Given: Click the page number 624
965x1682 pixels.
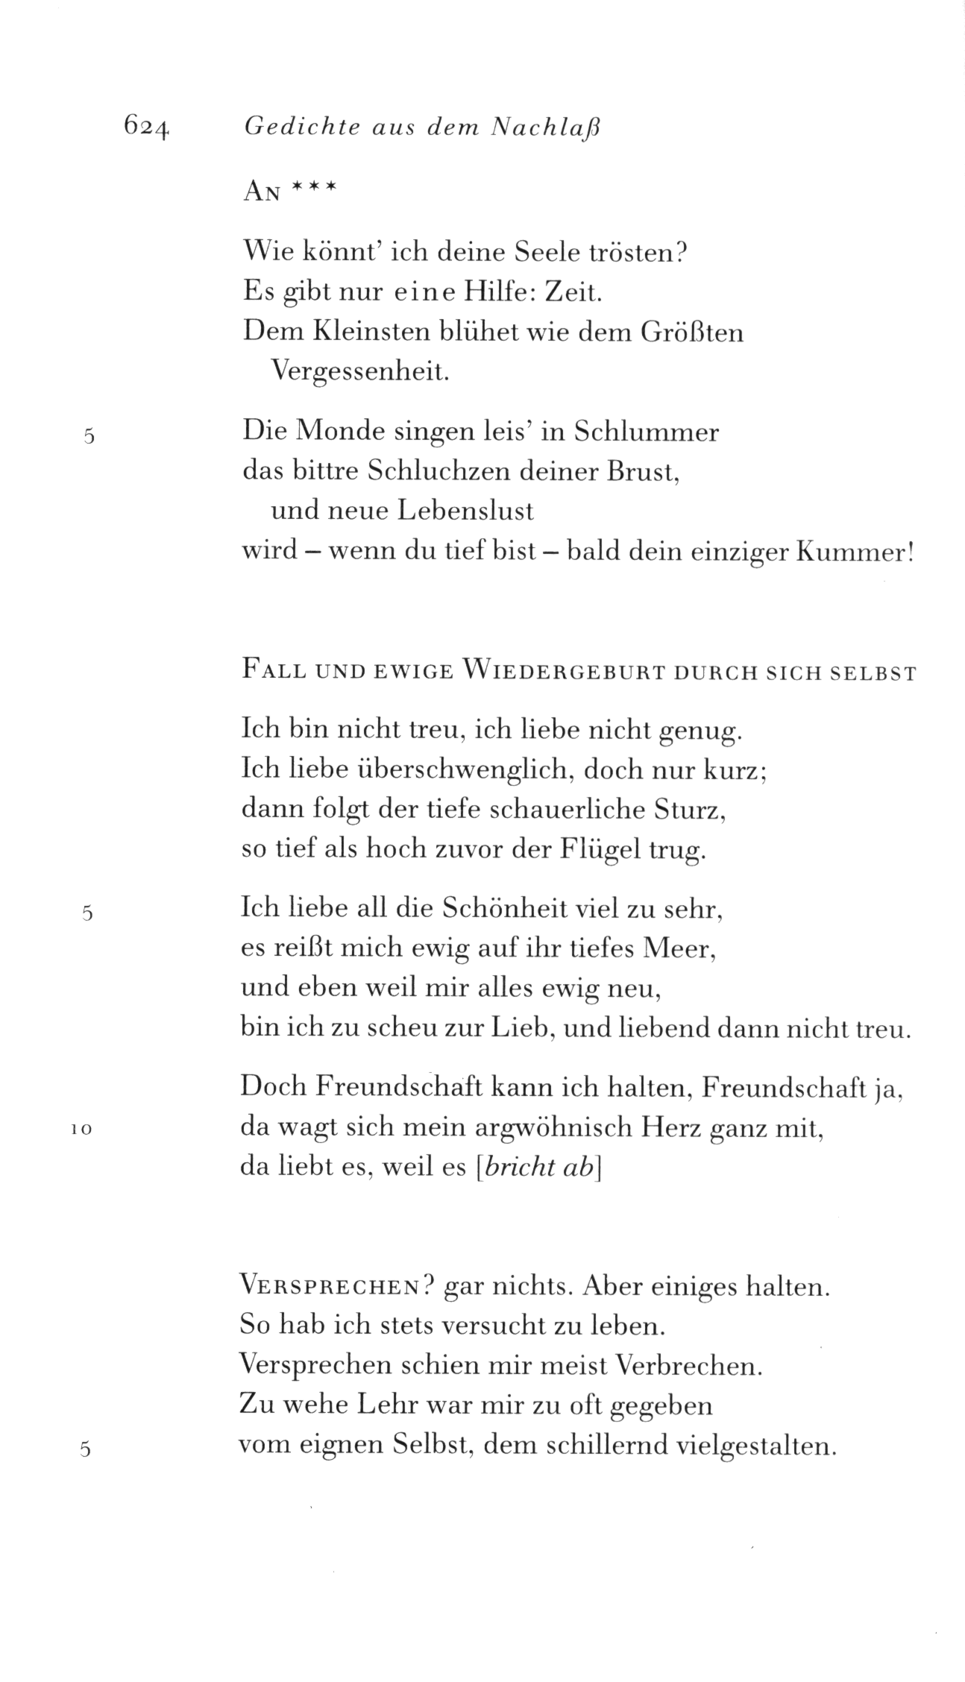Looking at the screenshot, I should coord(148,127).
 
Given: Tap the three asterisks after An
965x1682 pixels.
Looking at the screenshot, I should coord(314,191).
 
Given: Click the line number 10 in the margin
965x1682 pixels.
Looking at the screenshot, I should coord(81,1130).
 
